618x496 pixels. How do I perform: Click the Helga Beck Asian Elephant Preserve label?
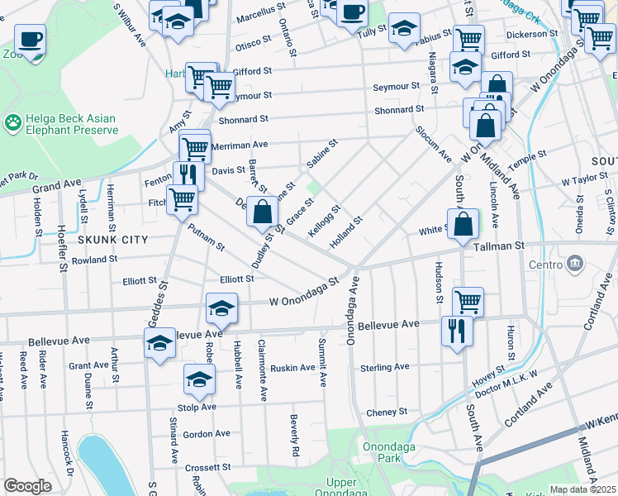click(x=70, y=124)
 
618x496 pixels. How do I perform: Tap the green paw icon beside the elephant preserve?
click(x=13, y=124)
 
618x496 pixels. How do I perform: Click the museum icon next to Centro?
click(x=576, y=265)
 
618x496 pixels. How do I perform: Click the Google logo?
click(x=27, y=486)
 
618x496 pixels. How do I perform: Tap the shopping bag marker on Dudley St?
click(x=262, y=212)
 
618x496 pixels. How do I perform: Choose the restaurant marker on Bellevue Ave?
click(x=456, y=331)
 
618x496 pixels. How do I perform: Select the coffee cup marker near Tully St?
click(x=352, y=13)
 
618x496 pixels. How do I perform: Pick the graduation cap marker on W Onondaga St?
click(x=221, y=309)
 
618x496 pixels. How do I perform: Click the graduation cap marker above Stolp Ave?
click(x=199, y=379)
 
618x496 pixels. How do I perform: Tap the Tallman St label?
click(x=498, y=246)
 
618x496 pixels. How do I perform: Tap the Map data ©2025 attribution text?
click(x=582, y=489)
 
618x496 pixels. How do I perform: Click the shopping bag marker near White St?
click(x=463, y=223)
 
